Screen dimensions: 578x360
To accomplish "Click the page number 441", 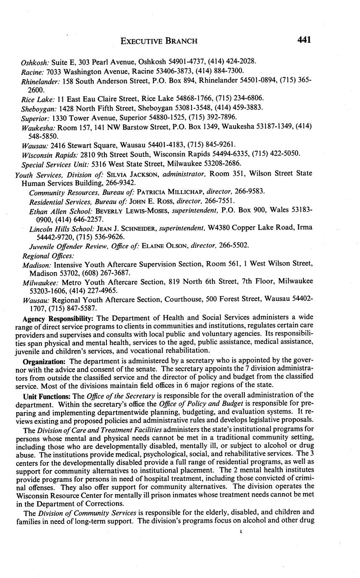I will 304,40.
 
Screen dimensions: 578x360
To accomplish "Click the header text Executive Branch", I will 159,41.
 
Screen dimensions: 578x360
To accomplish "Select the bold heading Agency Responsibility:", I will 57,319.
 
